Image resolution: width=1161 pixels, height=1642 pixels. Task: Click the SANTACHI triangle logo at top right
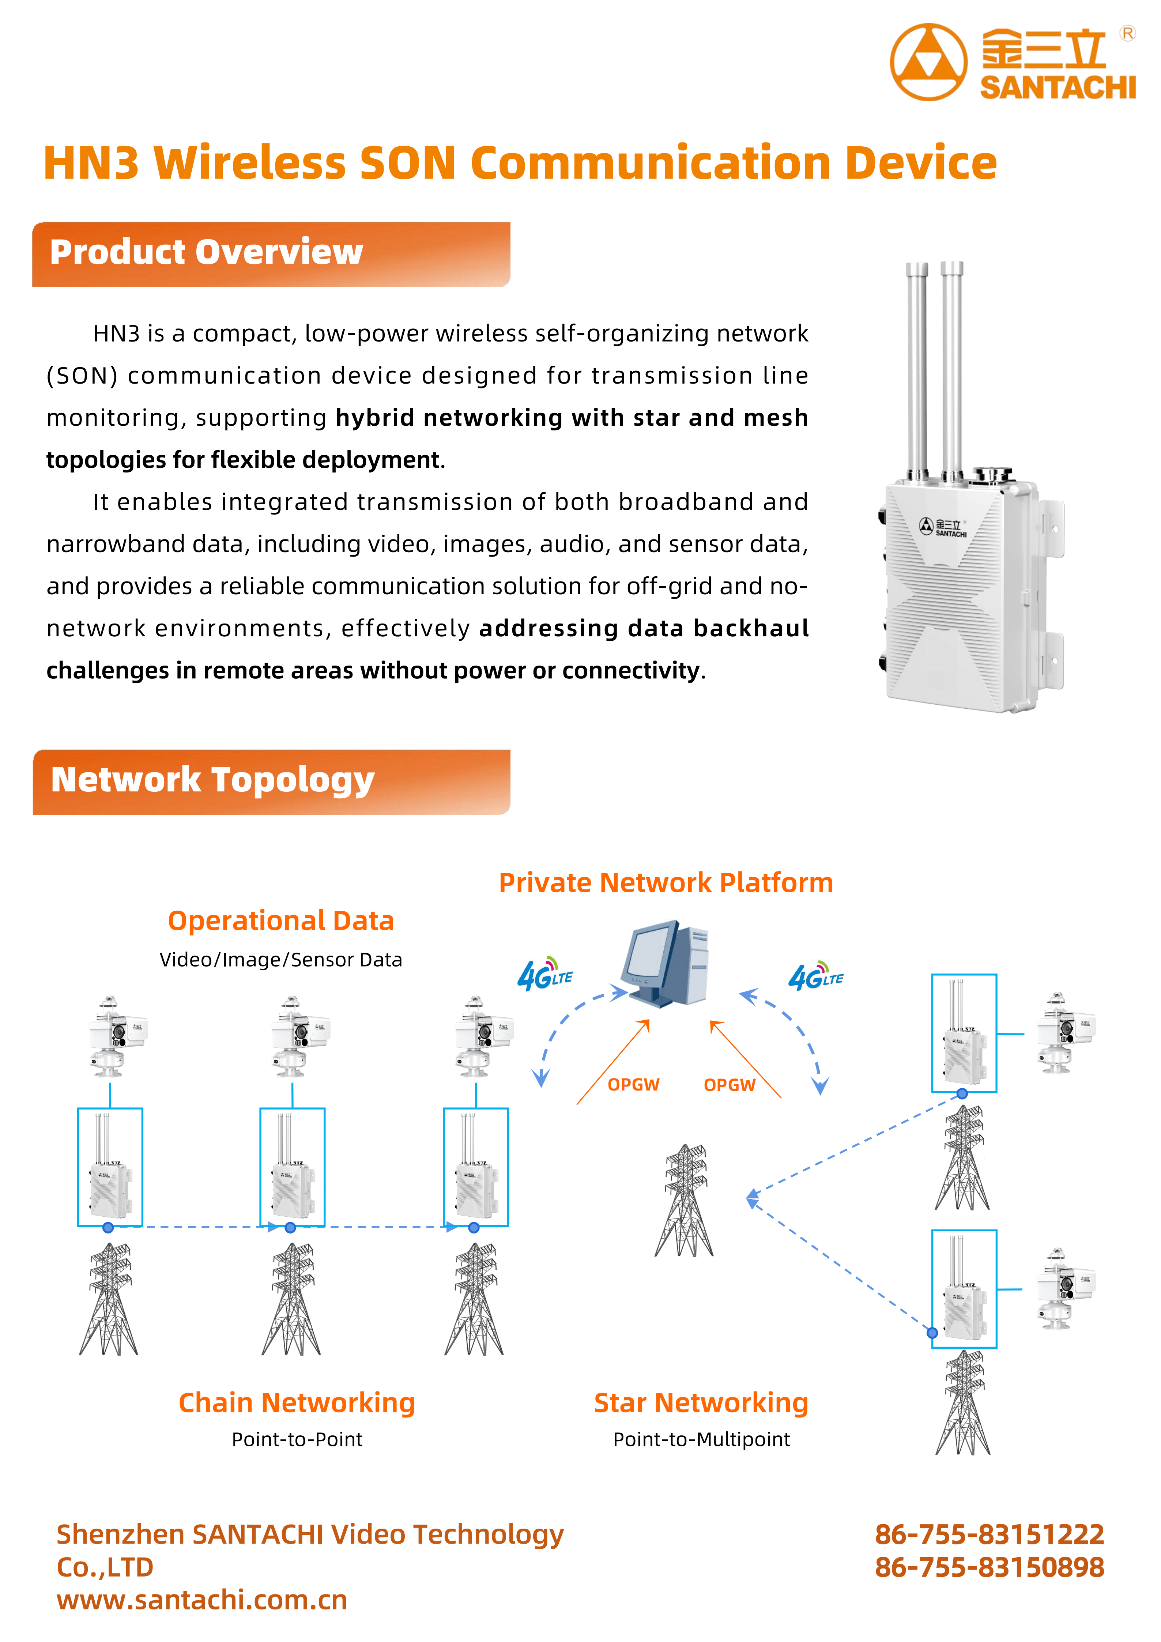pos(928,62)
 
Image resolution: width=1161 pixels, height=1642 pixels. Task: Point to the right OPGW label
pos(729,1085)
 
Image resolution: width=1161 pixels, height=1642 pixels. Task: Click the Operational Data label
pos(281,920)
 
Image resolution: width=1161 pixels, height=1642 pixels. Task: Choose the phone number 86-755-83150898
pos(990,1567)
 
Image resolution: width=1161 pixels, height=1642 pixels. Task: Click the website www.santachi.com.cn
pos(201,1600)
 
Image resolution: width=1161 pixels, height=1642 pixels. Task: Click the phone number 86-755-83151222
pos(990,1534)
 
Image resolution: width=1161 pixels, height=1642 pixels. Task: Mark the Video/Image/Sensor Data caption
pos(281,960)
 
